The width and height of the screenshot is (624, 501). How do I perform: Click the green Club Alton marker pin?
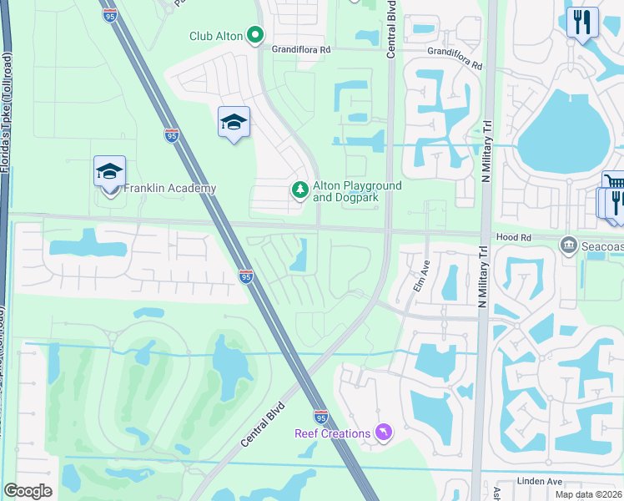(x=255, y=36)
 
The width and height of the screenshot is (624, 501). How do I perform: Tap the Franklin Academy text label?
(x=170, y=189)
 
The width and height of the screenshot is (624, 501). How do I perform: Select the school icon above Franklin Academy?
(x=109, y=172)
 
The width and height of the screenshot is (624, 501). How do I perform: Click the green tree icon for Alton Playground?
(x=299, y=191)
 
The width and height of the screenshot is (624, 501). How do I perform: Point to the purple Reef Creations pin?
(x=383, y=433)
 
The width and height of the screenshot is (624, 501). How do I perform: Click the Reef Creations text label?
(x=332, y=433)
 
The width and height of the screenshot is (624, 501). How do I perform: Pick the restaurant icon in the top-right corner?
(x=582, y=22)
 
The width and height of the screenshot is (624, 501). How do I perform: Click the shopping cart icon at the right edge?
(x=615, y=184)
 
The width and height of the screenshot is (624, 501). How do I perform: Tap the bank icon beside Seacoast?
(x=569, y=244)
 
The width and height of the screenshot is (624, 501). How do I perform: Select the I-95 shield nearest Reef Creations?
(x=322, y=416)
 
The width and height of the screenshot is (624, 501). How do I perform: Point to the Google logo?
(x=28, y=491)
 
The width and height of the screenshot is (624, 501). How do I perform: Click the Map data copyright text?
(x=588, y=494)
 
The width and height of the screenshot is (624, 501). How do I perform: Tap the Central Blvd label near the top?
(x=390, y=29)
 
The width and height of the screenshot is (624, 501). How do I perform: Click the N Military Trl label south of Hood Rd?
(x=481, y=280)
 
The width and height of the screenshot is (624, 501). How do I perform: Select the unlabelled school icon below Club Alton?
(x=234, y=123)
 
